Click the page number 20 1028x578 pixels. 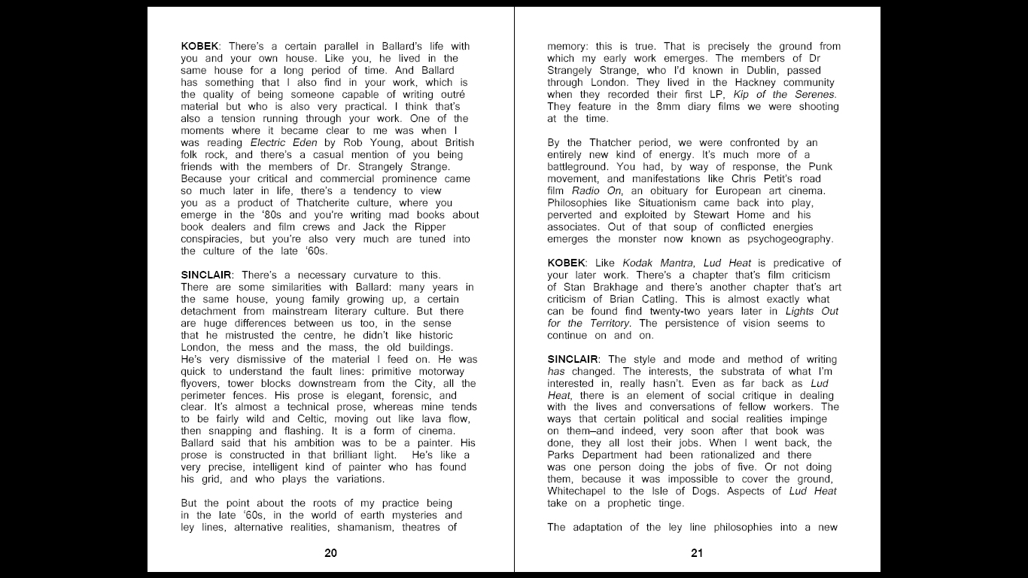[x=330, y=553]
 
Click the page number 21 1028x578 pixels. [x=696, y=553]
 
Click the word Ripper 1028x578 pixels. [x=429, y=227]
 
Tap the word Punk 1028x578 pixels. [x=820, y=167]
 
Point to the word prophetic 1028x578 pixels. [x=626, y=503]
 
